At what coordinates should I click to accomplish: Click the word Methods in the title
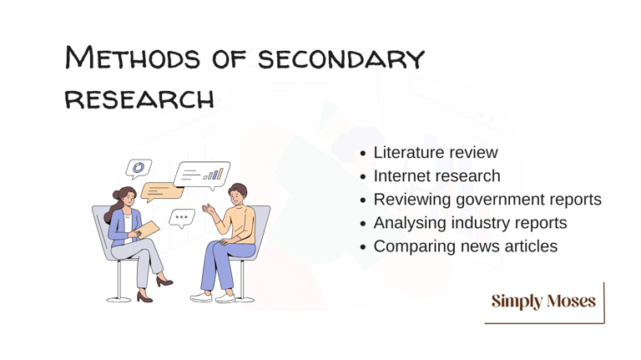(133, 58)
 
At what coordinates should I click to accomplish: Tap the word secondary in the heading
(341, 59)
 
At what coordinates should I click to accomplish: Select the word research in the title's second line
(139, 99)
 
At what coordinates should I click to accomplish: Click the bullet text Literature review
(436, 152)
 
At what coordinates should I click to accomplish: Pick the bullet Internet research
(437, 176)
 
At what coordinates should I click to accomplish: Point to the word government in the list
(500, 200)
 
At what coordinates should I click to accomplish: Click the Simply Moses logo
(543, 301)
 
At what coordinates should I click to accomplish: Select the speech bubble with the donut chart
(139, 168)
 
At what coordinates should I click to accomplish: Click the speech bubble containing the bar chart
(202, 175)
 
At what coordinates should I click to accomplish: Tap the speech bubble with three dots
(181, 218)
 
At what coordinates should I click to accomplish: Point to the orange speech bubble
(161, 191)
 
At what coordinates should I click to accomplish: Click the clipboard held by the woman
(148, 230)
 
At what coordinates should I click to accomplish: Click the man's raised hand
(209, 209)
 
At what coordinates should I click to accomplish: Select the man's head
(237, 195)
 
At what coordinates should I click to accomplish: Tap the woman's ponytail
(111, 209)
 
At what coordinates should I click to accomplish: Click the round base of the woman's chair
(119, 300)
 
